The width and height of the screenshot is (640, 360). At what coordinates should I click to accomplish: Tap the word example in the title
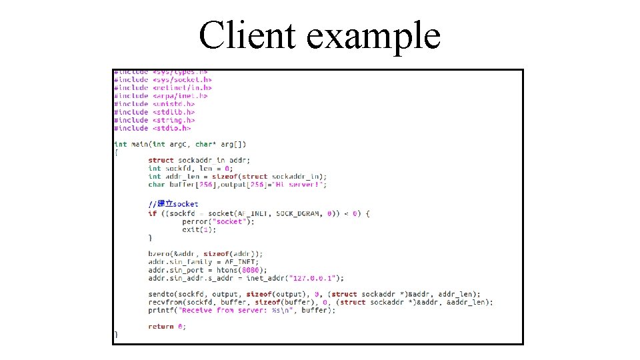click(373, 37)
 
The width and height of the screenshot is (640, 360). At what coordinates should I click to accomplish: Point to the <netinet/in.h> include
click(182, 87)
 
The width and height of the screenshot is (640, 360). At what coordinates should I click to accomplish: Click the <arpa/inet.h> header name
click(180, 96)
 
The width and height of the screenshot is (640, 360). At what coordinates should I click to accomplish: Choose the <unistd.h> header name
click(173, 104)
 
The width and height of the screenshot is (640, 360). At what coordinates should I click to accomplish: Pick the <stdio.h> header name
click(171, 128)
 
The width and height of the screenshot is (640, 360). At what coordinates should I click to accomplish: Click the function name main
click(140, 144)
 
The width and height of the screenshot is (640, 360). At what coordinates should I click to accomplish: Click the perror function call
click(195, 221)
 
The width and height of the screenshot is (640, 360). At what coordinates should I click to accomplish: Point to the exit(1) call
click(199, 229)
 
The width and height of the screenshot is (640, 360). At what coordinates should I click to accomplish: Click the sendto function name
click(161, 294)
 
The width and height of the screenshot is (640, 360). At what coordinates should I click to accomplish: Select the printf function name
click(161, 310)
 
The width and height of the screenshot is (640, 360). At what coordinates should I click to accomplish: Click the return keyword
click(161, 326)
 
